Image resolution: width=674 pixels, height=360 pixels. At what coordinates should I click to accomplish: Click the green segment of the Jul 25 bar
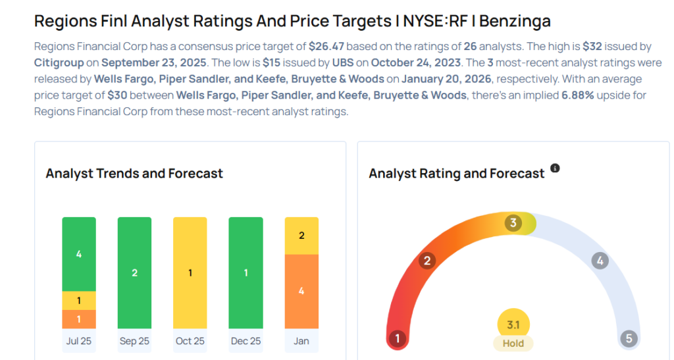click(x=79, y=253)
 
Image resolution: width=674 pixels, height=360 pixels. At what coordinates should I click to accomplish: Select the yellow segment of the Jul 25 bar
click(x=79, y=300)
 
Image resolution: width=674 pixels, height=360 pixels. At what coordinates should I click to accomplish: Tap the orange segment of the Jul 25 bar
click(x=79, y=319)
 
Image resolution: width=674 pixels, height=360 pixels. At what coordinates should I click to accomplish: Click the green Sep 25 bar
click(x=134, y=272)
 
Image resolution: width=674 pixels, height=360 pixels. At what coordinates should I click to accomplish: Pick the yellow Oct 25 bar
click(x=190, y=272)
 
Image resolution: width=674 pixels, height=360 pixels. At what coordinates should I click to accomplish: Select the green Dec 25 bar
click(x=246, y=272)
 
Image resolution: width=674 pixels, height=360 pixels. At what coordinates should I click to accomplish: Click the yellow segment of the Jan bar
click(x=301, y=236)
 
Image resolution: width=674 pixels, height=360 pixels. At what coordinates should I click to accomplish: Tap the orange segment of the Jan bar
click(x=301, y=291)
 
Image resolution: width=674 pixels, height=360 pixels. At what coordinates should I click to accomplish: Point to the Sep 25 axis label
click(x=134, y=341)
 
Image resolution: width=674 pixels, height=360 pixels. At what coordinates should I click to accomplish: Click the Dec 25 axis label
click(x=246, y=341)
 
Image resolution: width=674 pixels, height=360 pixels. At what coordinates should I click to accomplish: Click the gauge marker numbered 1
click(x=397, y=339)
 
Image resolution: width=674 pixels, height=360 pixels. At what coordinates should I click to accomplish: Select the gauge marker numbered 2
click(x=427, y=261)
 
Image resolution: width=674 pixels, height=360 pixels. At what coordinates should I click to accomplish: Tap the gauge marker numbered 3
click(x=513, y=223)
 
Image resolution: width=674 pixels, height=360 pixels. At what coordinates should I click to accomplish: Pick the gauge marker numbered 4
click(x=599, y=261)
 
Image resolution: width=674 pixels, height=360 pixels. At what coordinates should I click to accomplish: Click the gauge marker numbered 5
click(x=629, y=339)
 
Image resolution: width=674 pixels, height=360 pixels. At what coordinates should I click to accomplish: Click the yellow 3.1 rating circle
click(x=513, y=324)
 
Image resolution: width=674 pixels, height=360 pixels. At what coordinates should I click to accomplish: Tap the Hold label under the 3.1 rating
click(x=513, y=343)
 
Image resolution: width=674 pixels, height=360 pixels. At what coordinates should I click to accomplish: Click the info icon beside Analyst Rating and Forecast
click(x=555, y=168)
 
